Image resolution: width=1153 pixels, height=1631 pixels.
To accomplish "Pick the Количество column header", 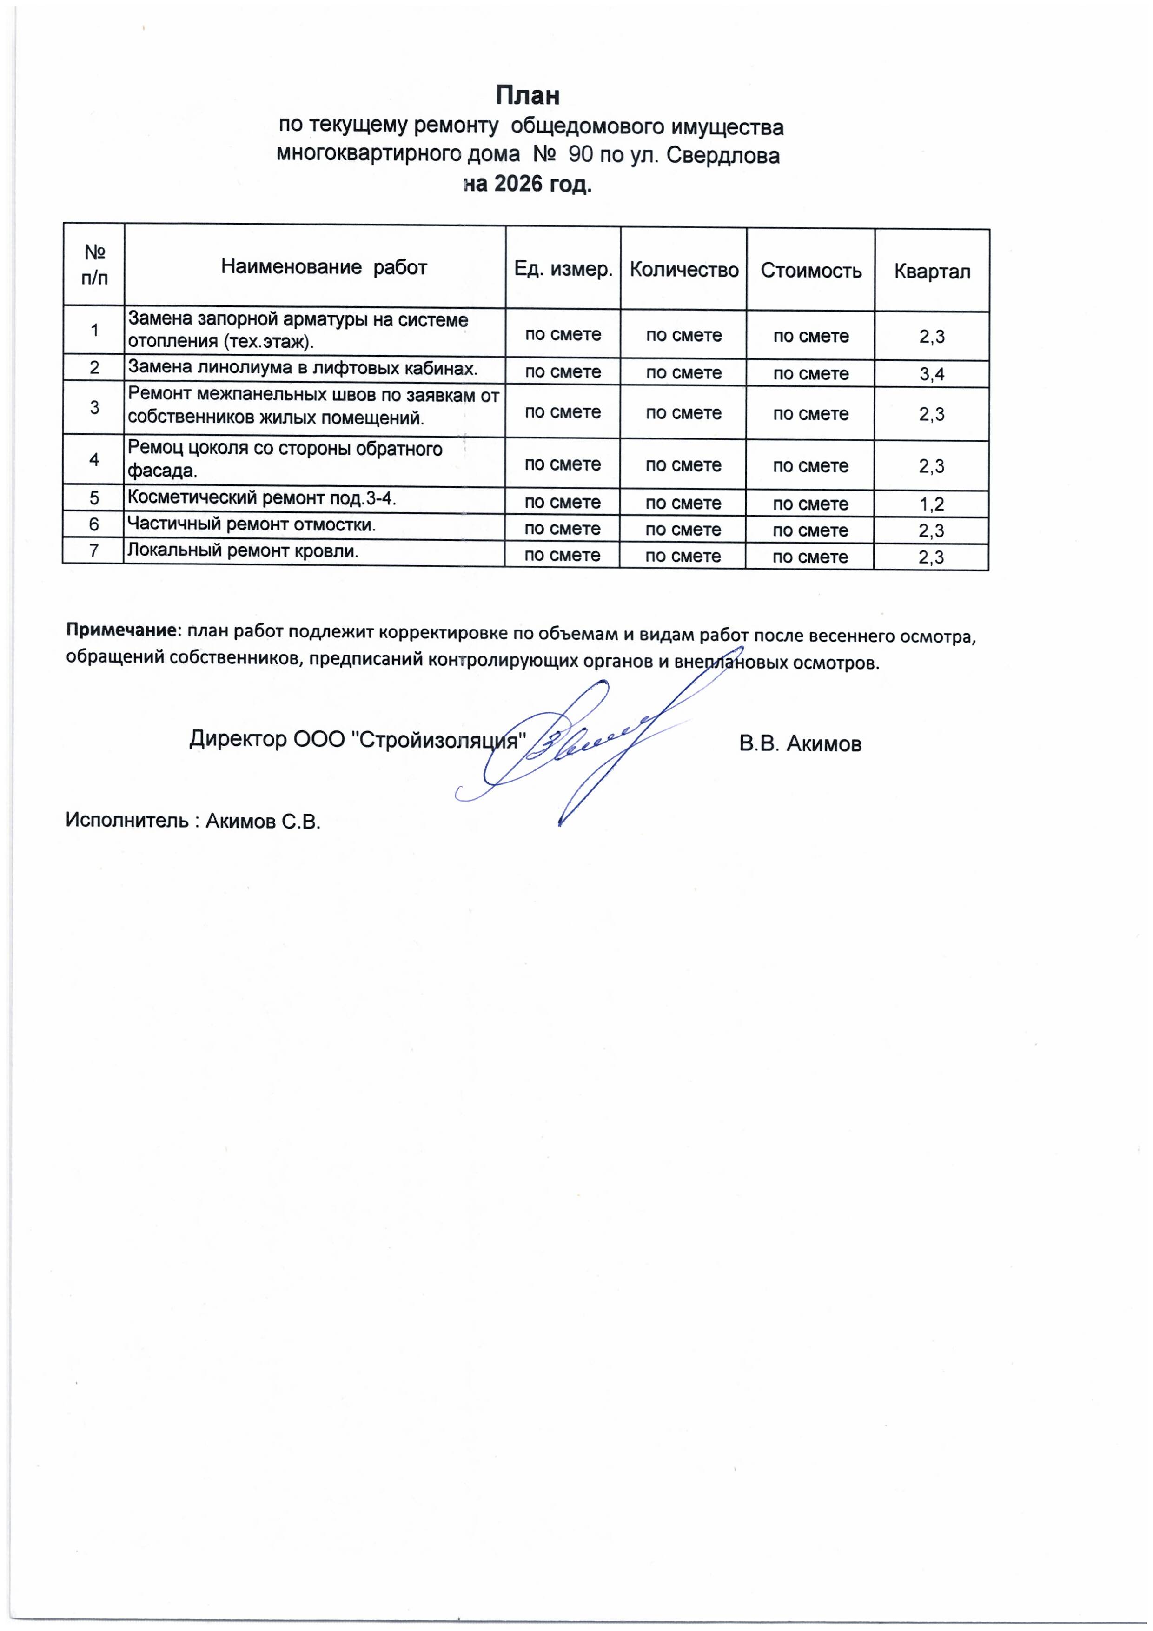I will (683, 270).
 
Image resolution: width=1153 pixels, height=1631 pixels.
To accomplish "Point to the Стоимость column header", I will (810, 271).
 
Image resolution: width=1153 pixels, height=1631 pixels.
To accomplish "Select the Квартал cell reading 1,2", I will (931, 504).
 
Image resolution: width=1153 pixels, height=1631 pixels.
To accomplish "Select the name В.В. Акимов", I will (800, 744).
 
